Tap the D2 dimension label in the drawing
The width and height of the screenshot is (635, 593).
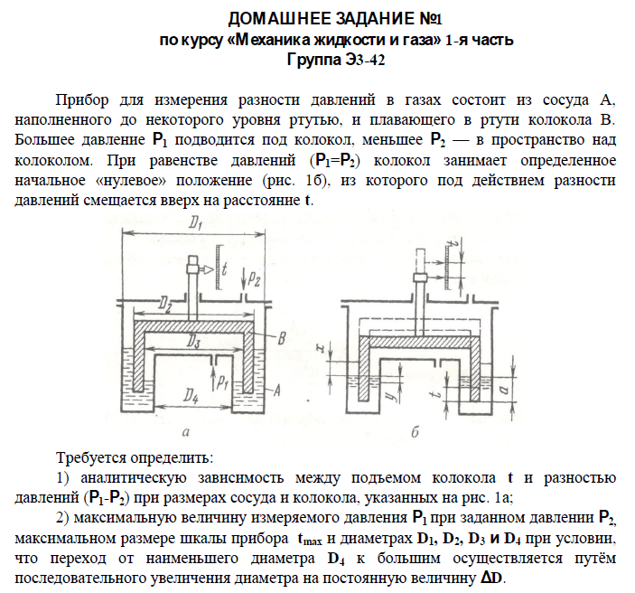tap(164, 304)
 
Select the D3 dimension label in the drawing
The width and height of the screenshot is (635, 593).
tap(193, 343)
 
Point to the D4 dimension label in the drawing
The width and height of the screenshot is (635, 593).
tap(191, 395)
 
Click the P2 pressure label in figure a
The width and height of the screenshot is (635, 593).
tap(254, 278)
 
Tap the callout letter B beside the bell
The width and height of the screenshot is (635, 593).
tap(282, 338)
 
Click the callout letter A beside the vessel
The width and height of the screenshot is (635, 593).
tap(277, 390)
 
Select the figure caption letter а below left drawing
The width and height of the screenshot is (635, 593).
tap(186, 432)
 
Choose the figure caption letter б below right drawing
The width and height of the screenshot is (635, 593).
tap(415, 432)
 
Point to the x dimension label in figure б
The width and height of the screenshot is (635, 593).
tap(321, 348)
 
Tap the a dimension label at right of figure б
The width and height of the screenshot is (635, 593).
tap(504, 390)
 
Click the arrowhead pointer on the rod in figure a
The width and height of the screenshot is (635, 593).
tap(208, 269)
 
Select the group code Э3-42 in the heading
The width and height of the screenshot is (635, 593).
tap(365, 60)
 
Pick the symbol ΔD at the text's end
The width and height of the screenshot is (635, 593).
tap(491, 579)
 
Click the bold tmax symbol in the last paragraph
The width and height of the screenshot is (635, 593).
tap(310, 539)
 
